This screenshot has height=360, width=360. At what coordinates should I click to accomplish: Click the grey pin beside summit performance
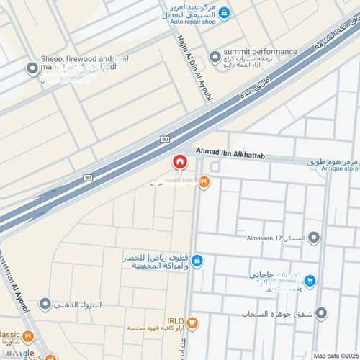coord(215,56)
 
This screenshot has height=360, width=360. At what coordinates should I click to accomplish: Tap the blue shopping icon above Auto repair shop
coord(224,13)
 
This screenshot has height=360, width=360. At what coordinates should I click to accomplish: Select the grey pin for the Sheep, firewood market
coord(32,69)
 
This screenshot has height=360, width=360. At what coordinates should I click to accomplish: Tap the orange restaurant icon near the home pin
coord(204,183)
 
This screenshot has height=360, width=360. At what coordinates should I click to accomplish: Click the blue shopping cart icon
coord(309,281)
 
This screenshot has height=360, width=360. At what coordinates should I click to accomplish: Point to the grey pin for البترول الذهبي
coord(46,305)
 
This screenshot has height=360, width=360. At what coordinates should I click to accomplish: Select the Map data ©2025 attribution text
coord(335,356)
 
